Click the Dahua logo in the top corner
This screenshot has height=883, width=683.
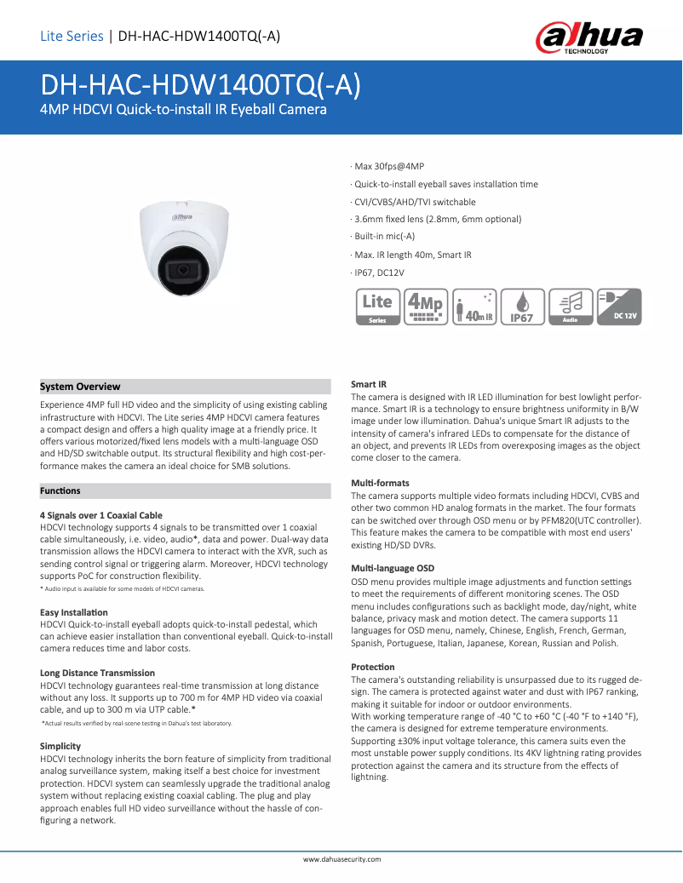coord(588,37)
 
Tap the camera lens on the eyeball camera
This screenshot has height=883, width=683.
coord(181,270)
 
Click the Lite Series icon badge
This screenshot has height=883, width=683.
coord(377,307)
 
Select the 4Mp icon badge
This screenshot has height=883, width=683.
coord(426,307)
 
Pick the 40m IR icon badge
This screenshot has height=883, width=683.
coord(474,307)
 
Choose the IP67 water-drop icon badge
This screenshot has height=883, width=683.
coord(521,307)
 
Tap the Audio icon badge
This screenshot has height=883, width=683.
coord(570,307)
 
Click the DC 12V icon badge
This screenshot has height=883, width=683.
coord(618,307)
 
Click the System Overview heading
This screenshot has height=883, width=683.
coord(81,387)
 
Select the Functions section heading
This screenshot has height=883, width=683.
coord(60,490)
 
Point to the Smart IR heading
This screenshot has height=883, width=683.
coord(369,385)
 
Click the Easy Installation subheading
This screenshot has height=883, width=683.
coord(74,612)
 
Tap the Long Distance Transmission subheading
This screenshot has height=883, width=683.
coord(98,673)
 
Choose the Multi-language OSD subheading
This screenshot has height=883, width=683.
coord(393,568)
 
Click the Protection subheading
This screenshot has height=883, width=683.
coord(373,667)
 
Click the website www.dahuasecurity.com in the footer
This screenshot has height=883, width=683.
coord(342,859)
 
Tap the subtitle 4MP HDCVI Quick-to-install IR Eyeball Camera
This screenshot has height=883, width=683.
coord(184,110)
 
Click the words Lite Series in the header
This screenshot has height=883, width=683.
coord(72,36)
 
